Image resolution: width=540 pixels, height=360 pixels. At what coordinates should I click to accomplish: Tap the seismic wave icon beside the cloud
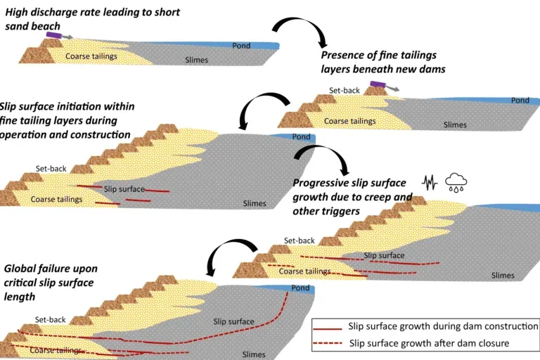click(x=430, y=182)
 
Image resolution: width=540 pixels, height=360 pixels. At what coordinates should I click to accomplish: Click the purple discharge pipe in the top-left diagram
click(x=53, y=34)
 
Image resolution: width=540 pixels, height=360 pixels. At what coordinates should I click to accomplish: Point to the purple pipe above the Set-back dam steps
click(x=378, y=84)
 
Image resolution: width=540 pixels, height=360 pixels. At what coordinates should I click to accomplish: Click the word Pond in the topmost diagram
click(x=241, y=46)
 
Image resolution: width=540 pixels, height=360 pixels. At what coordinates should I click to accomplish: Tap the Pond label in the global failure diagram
click(x=300, y=288)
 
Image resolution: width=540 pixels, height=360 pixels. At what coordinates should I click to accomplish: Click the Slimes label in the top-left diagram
click(x=196, y=60)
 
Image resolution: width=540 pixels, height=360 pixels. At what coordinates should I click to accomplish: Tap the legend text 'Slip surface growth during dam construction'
click(x=443, y=327)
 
